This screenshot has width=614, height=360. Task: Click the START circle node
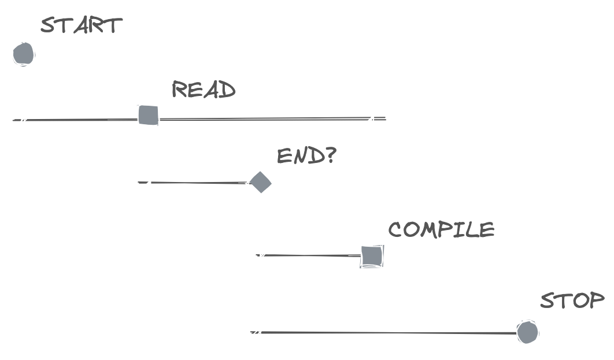24,53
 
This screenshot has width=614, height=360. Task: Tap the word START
82,25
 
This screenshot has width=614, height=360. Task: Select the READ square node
148,114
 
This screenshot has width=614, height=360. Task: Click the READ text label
204,90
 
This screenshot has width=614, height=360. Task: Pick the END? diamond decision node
260,182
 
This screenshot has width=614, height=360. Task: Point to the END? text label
306,156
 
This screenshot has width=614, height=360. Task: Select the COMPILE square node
371,256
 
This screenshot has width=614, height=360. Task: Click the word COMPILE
441,230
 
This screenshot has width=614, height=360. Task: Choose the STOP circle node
527,332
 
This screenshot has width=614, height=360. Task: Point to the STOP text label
572,300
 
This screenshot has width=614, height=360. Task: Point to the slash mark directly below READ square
148,183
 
